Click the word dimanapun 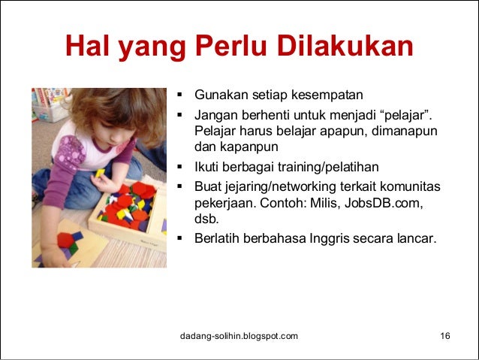pyautogui.click(x=400, y=132)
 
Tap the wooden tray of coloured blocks pyautogui.click(x=128, y=210)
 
